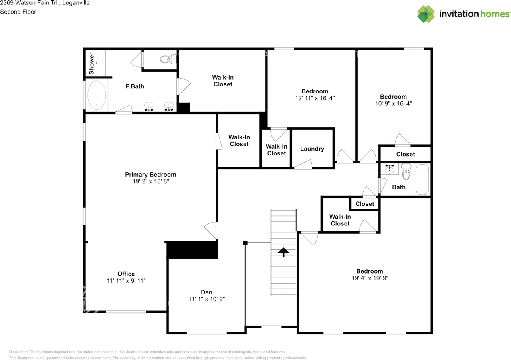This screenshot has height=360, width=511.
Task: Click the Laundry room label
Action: (312, 149)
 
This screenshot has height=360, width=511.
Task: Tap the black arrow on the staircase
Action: (283, 252)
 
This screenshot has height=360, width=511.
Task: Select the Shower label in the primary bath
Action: (91, 63)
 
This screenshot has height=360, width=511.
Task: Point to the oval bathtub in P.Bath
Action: (96, 95)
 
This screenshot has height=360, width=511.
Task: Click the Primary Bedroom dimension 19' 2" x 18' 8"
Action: (151, 181)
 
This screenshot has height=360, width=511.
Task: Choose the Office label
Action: (126, 274)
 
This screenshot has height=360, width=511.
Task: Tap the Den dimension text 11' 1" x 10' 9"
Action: (206, 299)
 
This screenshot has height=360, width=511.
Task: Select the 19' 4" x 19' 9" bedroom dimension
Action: (370, 278)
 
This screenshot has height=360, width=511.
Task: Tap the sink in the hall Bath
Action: (390, 169)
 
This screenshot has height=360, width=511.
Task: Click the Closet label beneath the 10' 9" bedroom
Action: (405, 154)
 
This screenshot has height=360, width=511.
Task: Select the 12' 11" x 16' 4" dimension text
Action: (315, 98)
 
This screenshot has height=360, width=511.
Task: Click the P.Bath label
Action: (135, 86)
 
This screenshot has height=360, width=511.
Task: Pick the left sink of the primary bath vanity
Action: (149, 107)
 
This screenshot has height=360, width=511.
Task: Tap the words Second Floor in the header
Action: (18, 12)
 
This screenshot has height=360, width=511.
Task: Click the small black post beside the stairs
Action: (245, 243)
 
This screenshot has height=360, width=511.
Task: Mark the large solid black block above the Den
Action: (192, 250)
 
